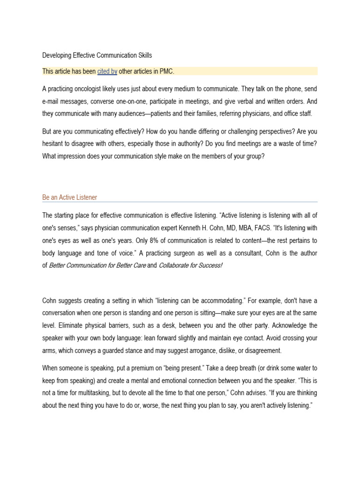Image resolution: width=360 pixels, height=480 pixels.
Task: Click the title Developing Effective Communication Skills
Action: point(97,55)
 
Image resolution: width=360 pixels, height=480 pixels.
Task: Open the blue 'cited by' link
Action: point(107,71)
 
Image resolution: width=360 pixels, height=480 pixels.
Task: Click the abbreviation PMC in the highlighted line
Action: point(166,71)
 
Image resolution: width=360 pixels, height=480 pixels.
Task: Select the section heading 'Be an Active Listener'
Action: point(69,197)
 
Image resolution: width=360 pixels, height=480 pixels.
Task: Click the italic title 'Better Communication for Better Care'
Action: point(97,266)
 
